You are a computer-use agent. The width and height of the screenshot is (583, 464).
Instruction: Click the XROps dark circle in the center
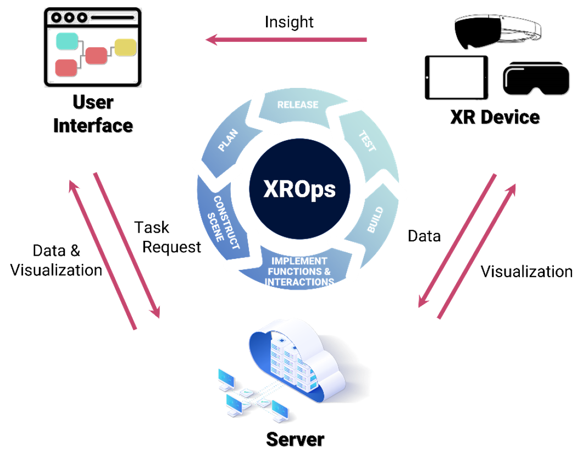pyautogui.click(x=299, y=189)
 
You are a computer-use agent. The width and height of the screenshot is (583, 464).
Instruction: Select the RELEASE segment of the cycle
pyautogui.click(x=299, y=107)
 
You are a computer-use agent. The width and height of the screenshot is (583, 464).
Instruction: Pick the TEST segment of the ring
pyautogui.click(x=368, y=143)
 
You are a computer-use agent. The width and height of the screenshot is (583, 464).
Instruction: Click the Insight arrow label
pyautogui.click(x=289, y=23)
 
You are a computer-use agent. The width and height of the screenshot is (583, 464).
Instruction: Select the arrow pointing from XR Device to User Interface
pyautogui.click(x=286, y=40)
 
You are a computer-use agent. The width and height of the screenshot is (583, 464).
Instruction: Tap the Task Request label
pyautogui.click(x=167, y=237)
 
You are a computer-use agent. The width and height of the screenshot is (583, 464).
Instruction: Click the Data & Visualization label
pyautogui.click(x=56, y=261)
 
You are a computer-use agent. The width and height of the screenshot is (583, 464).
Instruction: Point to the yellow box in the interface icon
pyautogui.click(x=125, y=47)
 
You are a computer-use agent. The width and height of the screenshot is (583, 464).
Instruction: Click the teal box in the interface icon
pyautogui.click(x=67, y=41)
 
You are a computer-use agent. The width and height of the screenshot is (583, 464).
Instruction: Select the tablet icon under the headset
pyautogui.click(x=456, y=78)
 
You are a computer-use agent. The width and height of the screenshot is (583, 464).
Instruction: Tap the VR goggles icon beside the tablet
pyautogui.click(x=536, y=79)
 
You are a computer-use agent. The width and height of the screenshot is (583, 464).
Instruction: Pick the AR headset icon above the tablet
pyautogui.click(x=497, y=31)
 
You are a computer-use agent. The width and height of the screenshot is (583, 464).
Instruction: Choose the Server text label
pyautogui.click(x=295, y=439)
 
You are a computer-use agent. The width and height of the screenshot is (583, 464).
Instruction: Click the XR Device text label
pyautogui.click(x=495, y=117)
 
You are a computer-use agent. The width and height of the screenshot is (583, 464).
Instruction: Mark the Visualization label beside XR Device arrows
pyautogui.click(x=526, y=272)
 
